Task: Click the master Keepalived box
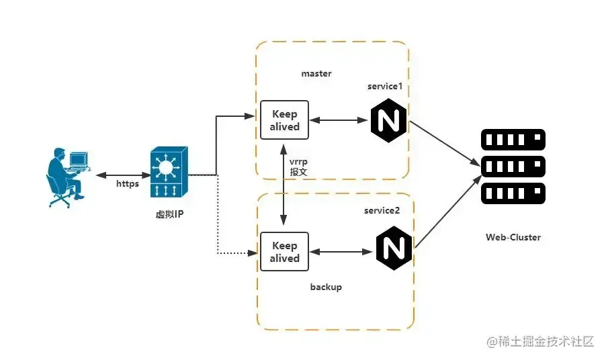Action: pos(284,120)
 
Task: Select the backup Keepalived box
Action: pos(284,252)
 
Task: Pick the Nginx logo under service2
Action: pos(394,248)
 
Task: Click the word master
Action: pos(316,73)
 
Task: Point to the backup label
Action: pos(326,287)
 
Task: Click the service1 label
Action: pos(385,87)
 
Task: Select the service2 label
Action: pos(382,210)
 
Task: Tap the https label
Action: pos(127,183)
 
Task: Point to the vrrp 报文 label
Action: pos(298,167)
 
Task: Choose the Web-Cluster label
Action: pos(513,237)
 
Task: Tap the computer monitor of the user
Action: pos(79,160)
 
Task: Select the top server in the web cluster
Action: pos(513,140)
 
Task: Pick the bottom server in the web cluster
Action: pos(513,194)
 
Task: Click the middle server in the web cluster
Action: pos(513,167)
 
